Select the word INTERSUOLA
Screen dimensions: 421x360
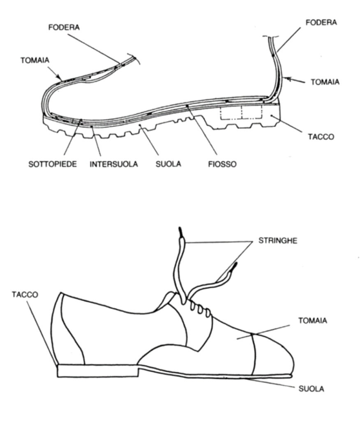(x=114, y=164)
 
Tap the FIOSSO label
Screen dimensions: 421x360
(x=222, y=164)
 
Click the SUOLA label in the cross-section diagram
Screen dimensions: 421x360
(x=168, y=164)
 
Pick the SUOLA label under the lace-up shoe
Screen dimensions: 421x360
(x=311, y=388)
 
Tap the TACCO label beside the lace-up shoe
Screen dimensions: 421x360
(x=25, y=295)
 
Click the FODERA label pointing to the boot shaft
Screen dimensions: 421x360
(x=321, y=23)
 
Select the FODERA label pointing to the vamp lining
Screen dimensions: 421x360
(x=64, y=28)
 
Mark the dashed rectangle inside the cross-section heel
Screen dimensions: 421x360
(x=241, y=113)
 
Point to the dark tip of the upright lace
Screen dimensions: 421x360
(x=180, y=231)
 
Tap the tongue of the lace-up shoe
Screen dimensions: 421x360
(x=170, y=298)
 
